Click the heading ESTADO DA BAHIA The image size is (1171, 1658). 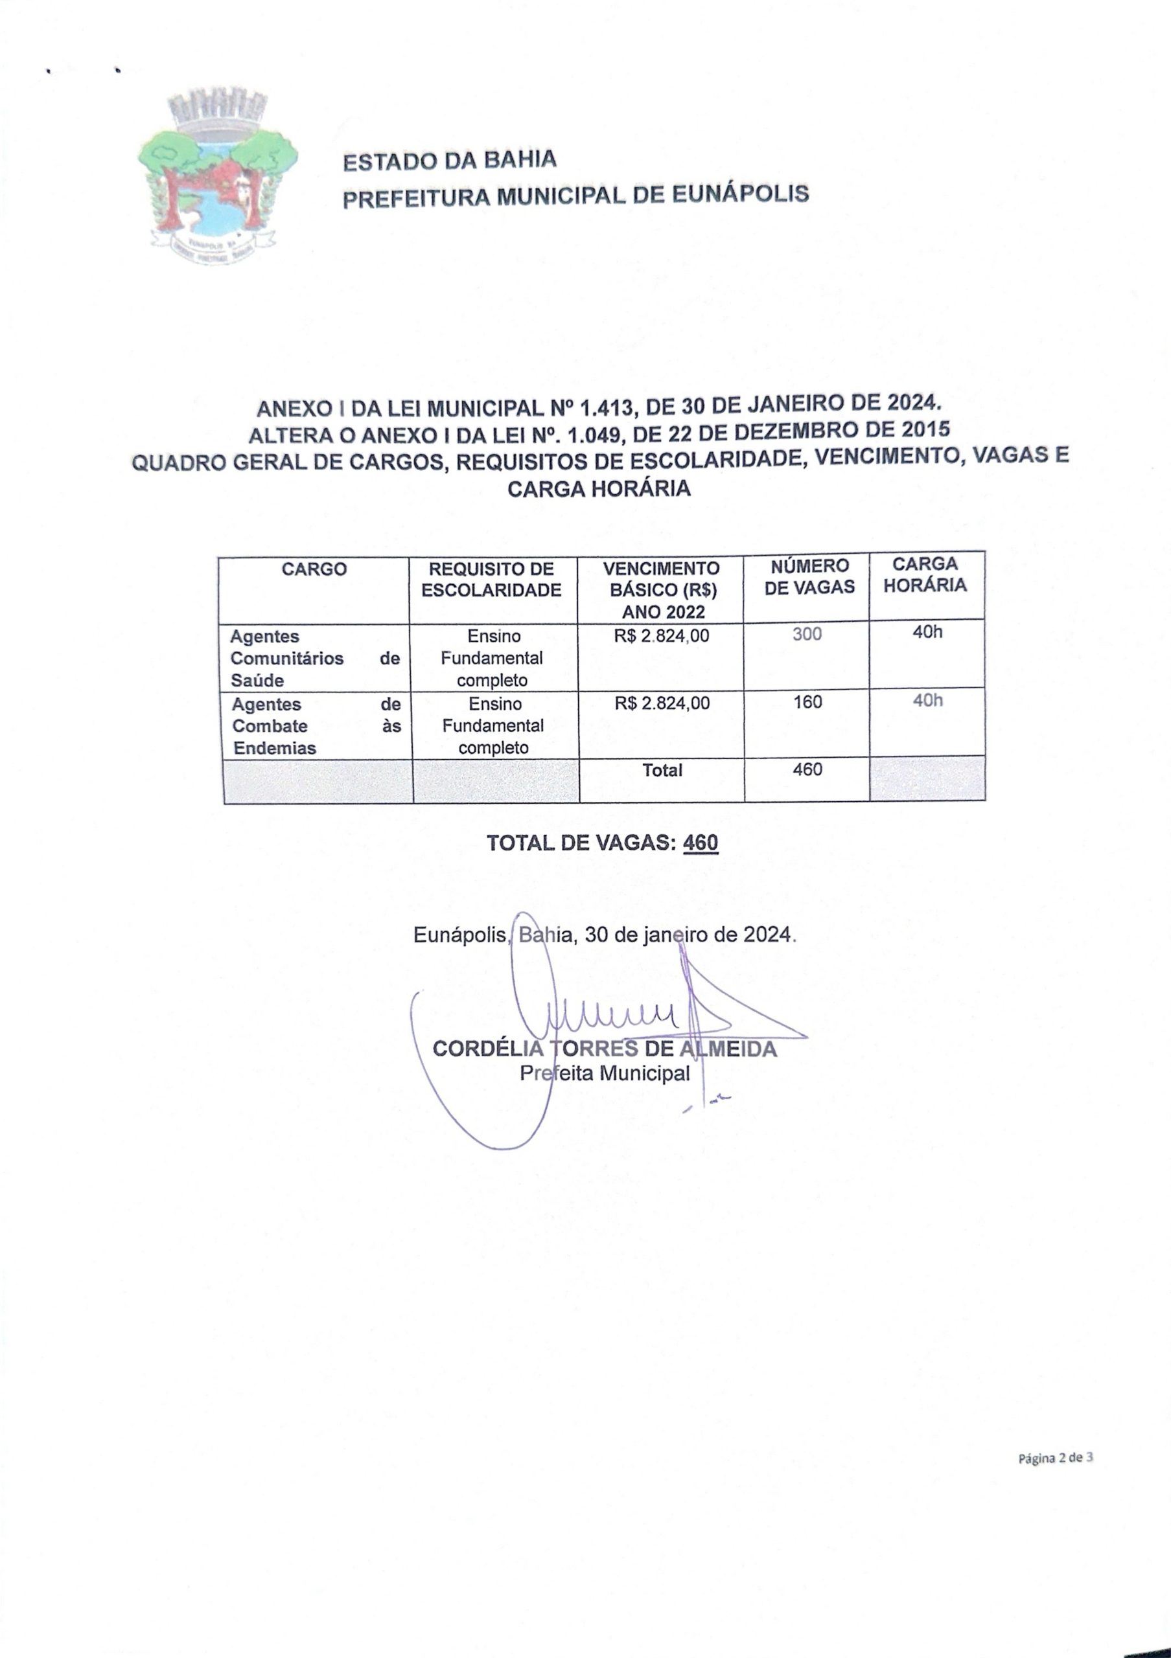tap(449, 161)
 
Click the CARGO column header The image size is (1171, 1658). tap(314, 569)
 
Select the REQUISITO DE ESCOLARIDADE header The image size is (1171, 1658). tap(491, 579)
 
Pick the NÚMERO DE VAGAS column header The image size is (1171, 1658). tap(809, 576)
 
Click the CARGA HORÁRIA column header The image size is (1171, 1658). tap(925, 575)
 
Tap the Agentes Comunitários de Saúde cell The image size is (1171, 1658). tap(314, 658)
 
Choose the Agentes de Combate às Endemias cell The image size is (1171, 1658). tap(316, 726)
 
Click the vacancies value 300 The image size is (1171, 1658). tap(807, 634)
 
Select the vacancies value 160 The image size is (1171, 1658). tap(807, 702)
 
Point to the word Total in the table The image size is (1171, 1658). tap(662, 771)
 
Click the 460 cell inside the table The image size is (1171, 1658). tap(807, 770)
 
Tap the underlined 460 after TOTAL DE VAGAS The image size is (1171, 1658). tap(700, 843)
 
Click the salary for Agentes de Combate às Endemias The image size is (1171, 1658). tap(662, 703)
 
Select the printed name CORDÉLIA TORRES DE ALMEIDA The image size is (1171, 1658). tap(605, 1049)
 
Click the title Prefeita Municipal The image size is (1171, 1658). tap(605, 1073)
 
